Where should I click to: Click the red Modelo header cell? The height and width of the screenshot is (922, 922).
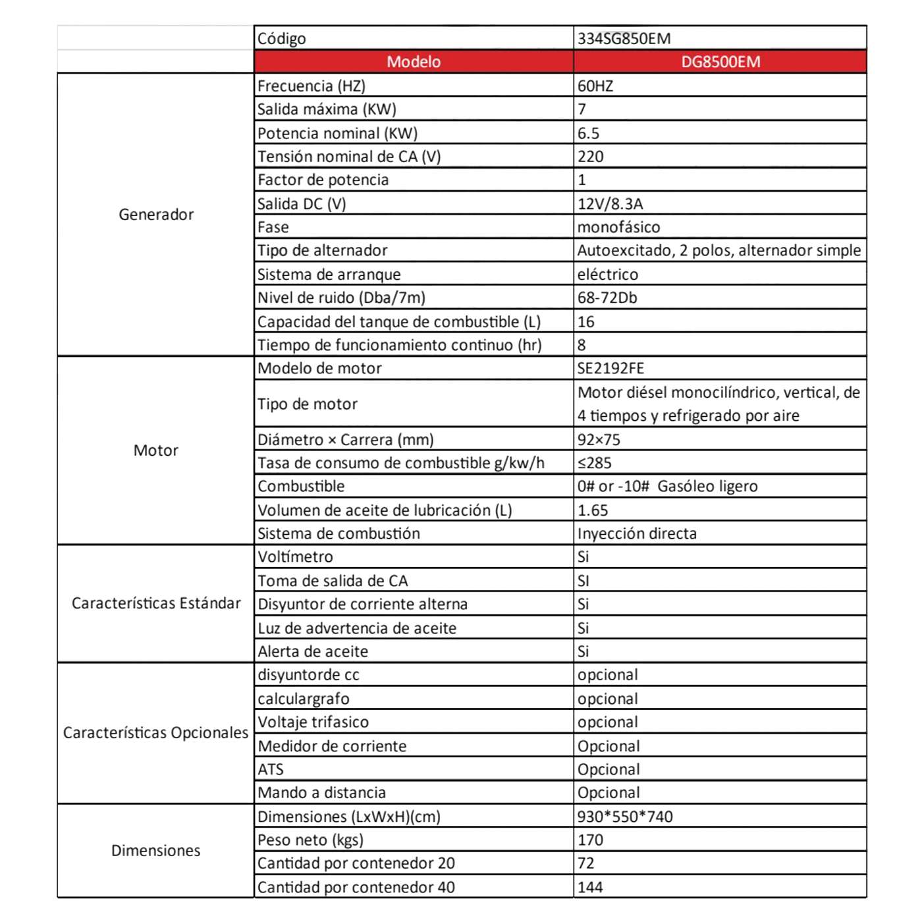pos(414,62)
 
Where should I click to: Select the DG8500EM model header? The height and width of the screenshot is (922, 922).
pos(720,62)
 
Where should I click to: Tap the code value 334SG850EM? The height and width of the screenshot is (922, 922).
pos(624,38)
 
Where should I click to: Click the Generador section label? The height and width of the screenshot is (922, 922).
pos(156,215)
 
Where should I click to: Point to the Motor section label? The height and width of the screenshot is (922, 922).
pos(156,450)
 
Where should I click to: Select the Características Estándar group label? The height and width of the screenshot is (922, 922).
pos(156,603)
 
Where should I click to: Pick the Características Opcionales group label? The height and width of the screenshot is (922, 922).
pos(156,733)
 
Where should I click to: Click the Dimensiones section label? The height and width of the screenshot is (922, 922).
pos(156,851)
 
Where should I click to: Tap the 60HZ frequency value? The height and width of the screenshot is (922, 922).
pos(595,86)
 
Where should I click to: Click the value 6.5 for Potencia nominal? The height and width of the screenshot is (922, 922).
pos(588,134)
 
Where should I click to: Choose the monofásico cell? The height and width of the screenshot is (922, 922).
pos(618,227)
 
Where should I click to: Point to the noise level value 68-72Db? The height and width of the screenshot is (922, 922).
pos(607,298)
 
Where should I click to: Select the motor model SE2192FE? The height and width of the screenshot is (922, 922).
pos(610,368)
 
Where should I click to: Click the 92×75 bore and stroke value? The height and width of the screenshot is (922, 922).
pos(599,440)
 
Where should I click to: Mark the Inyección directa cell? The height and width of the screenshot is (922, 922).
pos(637,533)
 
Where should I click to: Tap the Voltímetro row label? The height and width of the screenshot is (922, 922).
pos(296,557)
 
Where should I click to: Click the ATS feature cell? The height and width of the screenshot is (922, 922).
pos(271,769)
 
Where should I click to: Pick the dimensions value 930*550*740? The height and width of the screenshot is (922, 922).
pos(625,817)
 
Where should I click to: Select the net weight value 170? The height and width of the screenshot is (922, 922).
pos(590,840)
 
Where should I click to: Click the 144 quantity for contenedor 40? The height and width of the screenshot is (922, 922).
pos(590,887)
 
